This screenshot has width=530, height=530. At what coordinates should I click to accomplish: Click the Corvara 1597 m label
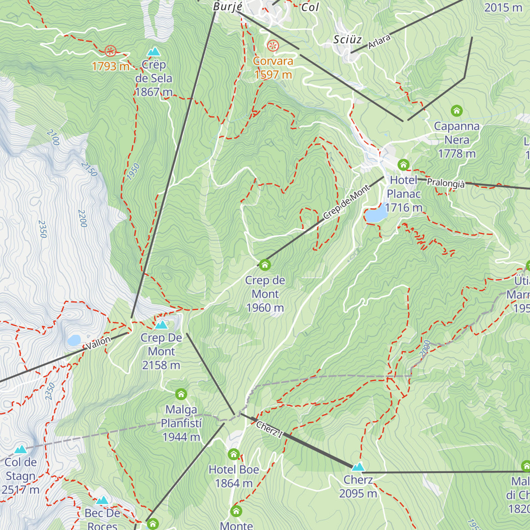(x=273, y=68)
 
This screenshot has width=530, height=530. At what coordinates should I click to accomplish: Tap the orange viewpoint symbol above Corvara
(x=273, y=45)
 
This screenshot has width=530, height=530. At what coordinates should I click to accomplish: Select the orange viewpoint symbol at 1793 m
(x=110, y=51)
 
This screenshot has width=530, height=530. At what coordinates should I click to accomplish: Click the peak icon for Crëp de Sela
(x=154, y=52)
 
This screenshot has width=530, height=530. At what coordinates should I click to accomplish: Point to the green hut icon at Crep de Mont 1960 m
(x=265, y=265)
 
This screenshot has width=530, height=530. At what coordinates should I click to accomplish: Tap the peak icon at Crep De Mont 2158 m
(x=161, y=325)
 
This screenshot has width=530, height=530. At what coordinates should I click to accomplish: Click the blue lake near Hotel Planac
(x=375, y=215)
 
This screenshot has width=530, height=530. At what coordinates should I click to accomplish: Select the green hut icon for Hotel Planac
(x=403, y=165)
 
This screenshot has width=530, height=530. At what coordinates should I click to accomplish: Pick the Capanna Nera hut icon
(x=456, y=110)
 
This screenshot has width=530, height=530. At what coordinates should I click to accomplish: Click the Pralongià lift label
(x=446, y=183)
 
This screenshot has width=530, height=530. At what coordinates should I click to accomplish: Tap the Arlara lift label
(x=379, y=42)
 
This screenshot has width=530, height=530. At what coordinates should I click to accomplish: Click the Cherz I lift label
(x=269, y=429)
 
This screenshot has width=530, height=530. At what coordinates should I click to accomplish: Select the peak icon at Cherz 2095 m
(x=358, y=467)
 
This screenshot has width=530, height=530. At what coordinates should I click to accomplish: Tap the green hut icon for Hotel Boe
(x=234, y=454)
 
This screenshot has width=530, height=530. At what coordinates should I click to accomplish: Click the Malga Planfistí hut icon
(x=181, y=394)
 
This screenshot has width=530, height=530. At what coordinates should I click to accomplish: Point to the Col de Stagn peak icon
(x=20, y=450)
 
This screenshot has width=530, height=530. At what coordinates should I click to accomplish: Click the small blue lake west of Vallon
(x=74, y=340)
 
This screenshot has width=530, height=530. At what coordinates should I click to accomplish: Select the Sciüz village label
(x=348, y=40)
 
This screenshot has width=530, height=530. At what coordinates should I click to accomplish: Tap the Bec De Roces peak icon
(x=102, y=500)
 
